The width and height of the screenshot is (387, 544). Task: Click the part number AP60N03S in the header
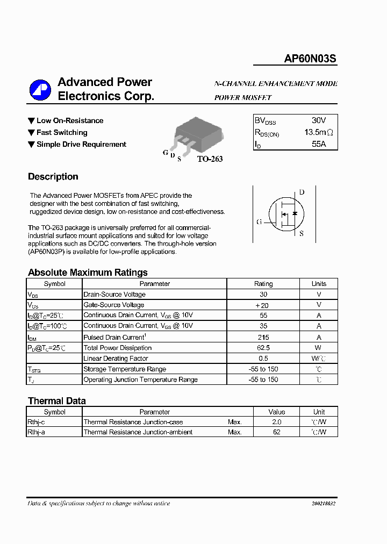click(310, 59)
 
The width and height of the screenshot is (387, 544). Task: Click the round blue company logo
click(40, 90)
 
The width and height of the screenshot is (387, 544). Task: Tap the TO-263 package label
click(210, 159)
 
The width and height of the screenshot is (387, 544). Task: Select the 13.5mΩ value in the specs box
click(319, 132)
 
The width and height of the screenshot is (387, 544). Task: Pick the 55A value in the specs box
click(319, 144)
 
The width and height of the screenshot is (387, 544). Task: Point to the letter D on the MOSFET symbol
click(302, 192)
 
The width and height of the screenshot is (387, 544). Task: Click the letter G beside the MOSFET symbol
click(259, 221)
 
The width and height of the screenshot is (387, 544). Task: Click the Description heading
click(53, 177)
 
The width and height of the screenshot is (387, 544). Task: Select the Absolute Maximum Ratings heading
click(88, 273)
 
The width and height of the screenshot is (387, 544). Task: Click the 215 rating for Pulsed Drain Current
click(263, 337)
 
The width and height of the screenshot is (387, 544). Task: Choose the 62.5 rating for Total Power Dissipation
click(263, 348)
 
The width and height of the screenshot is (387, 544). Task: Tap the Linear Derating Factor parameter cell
click(116, 359)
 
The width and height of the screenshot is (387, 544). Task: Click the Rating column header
click(263, 284)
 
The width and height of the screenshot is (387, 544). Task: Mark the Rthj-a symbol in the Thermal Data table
click(37, 432)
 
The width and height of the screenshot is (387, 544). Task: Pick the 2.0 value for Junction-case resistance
click(277, 422)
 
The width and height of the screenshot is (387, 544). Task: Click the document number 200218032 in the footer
click(323, 504)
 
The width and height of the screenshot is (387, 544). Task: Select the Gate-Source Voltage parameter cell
click(113, 305)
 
